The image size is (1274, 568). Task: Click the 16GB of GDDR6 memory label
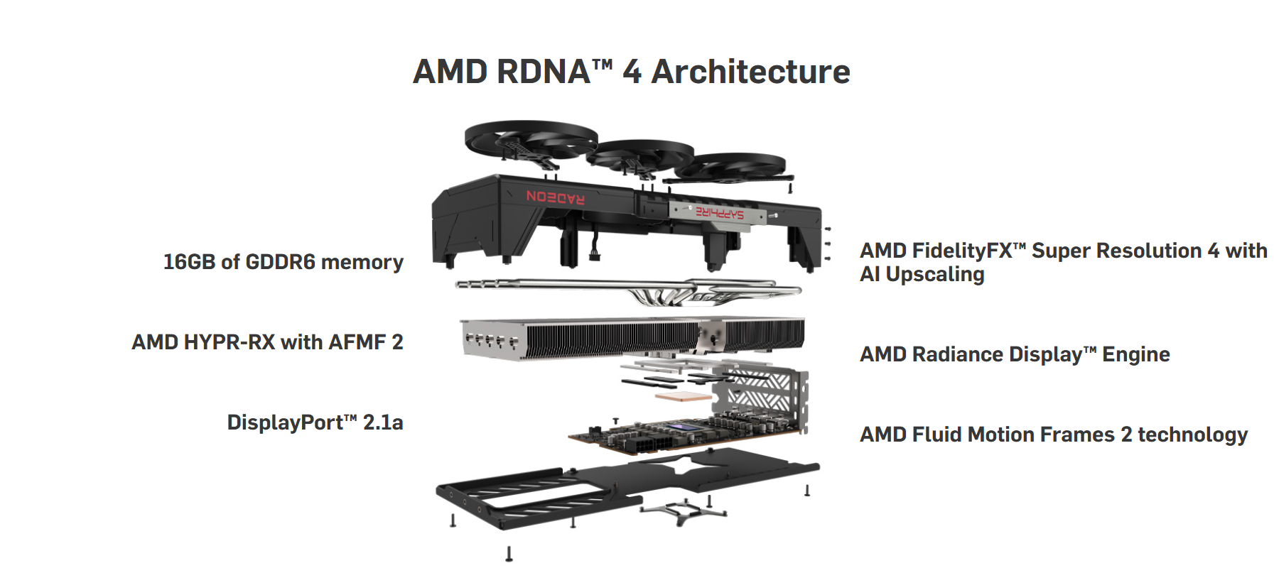coord(283,262)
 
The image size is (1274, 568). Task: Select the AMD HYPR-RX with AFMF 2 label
coord(267,342)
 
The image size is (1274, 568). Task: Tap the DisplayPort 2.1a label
coord(315,422)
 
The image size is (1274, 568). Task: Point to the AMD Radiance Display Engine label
coord(1015,354)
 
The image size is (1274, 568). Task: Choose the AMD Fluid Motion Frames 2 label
coord(1053,435)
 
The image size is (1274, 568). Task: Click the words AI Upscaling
coord(922,275)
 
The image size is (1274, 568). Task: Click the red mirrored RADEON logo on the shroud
coord(556,197)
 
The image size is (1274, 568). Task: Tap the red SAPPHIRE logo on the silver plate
coord(719,212)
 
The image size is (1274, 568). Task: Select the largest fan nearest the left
coord(530,138)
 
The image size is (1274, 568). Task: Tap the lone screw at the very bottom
coord(509,553)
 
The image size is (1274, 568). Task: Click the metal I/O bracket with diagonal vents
coord(767,395)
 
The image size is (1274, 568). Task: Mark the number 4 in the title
coord(632,72)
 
